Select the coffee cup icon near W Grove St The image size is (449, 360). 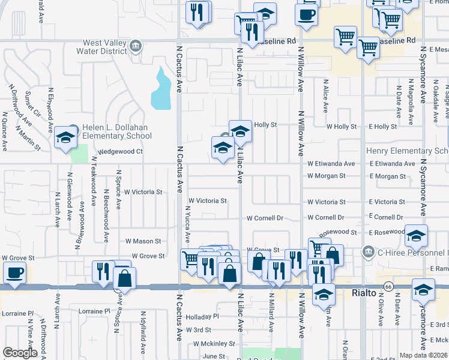(14, 272)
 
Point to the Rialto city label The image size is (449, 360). (364, 293)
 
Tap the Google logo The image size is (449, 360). (20, 353)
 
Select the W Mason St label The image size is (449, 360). (143, 241)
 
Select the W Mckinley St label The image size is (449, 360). (214, 344)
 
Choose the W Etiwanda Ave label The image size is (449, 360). (331, 163)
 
